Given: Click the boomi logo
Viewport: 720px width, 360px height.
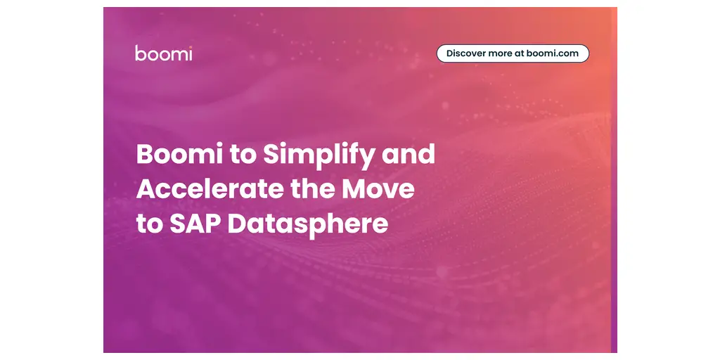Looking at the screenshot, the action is [x=163, y=53].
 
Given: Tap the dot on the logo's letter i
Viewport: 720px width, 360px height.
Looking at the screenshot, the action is [x=190, y=47].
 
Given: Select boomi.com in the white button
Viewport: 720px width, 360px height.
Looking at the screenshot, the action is [x=553, y=53].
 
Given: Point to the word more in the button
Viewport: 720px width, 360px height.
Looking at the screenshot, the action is [x=500, y=53].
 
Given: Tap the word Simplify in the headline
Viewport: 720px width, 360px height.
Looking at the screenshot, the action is [x=319, y=155].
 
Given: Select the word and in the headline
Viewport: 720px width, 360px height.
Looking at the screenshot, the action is [x=409, y=154].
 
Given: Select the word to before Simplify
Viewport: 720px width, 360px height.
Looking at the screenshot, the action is [x=242, y=155].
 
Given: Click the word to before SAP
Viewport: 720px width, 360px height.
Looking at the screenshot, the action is [x=149, y=225].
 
